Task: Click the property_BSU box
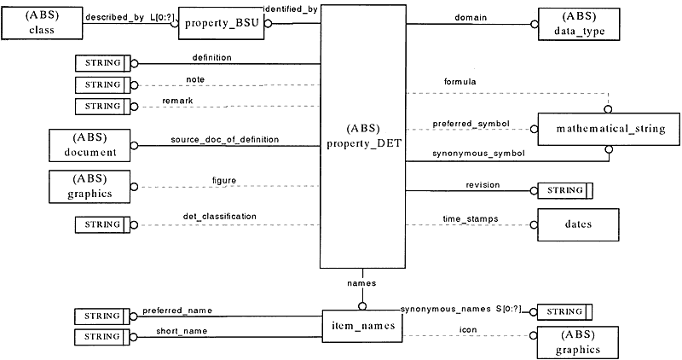[x=221, y=23]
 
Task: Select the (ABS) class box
[x=42, y=23]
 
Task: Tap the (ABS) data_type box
[x=579, y=25]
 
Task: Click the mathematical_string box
[x=609, y=130]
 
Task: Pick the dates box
[x=578, y=224]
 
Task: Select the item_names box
[x=363, y=326]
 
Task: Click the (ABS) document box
[x=90, y=145]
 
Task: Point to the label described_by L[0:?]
[x=130, y=17]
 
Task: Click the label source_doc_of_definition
[x=225, y=139]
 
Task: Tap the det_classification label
[x=219, y=216]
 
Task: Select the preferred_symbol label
[x=471, y=124]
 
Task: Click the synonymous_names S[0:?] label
[x=460, y=309]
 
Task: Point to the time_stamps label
[x=471, y=218]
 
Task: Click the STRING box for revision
[x=565, y=191]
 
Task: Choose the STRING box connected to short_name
[x=102, y=337]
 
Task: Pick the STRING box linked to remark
[x=102, y=107]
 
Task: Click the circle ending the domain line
[x=535, y=25]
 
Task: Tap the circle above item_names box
[x=361, y=306]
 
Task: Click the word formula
[x=459, y=81]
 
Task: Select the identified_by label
[x=291, y=9]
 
